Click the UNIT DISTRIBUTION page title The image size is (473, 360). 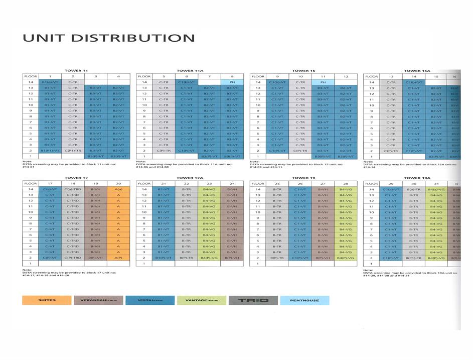(108, 38)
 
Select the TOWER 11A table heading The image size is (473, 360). (190, 71)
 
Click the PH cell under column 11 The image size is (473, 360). (323, 82)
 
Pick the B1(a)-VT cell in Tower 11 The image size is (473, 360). (50, 82)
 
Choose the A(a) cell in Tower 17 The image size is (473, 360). (118, 189)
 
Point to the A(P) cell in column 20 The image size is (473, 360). (118, 257)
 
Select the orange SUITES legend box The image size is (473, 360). (47, 300)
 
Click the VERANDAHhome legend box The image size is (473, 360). (98, 300)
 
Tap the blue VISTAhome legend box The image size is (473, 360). (149, 300)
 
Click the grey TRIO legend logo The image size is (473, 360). (253, 300)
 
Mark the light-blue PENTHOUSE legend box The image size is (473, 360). (304, 300)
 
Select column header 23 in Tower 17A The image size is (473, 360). (209, 183)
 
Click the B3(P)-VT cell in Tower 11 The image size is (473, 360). (95, 157)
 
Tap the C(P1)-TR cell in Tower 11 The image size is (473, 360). (73, 151)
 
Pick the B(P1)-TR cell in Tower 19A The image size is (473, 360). (414, 257)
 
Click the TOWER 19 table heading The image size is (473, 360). (303, 178)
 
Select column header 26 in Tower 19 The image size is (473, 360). (299, 183)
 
